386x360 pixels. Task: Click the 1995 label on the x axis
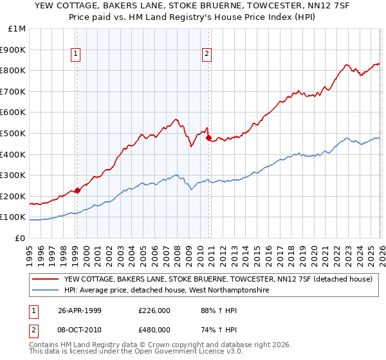tap(29, 249)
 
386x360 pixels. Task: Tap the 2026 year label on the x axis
tap(381, 249)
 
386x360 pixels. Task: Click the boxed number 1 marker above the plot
tap(77, 55)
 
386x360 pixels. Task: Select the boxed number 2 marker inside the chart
tap(207, 55)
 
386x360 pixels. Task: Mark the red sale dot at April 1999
tap(77, 190)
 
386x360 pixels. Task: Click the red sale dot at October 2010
tap(208, 137)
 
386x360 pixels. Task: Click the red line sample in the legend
tap(45, 279)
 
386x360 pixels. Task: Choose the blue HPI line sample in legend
tap(45, 291)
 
